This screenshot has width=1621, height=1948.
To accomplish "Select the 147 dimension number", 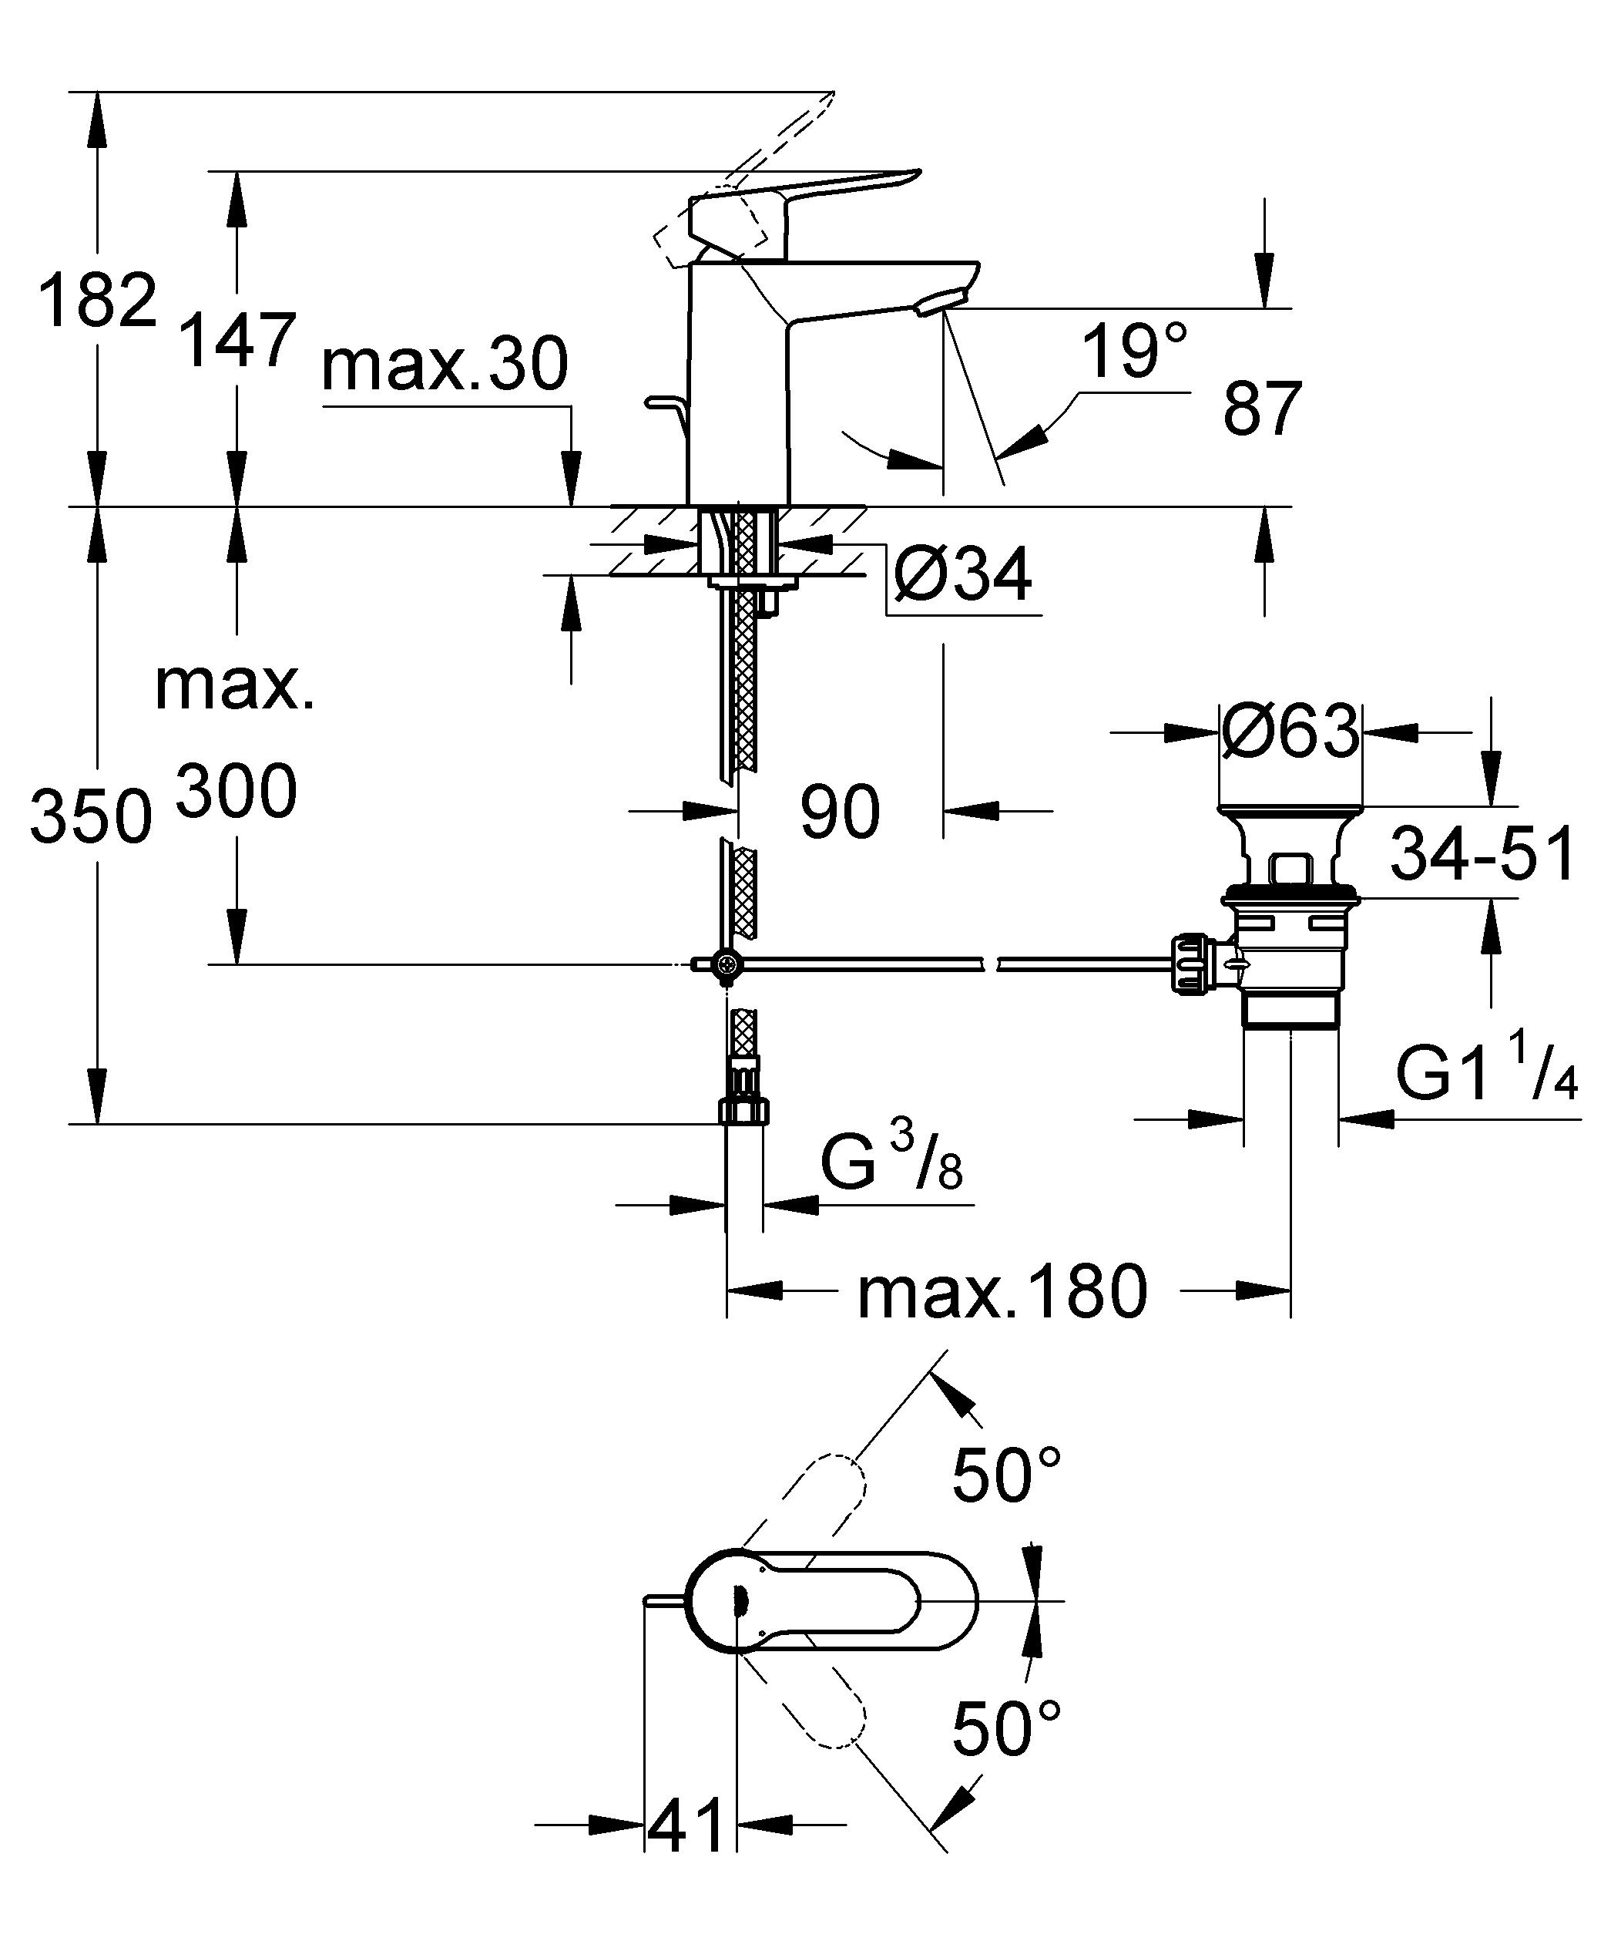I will pyautogui.click(x=237, y=341).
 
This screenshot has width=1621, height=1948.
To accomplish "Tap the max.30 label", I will pyautogui.click(x=445, y=365).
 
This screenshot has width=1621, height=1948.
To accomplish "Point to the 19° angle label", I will pyautogui.click(x=1134, y=352).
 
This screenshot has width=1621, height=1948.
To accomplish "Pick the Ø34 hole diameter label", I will pyautogui.click(x=962, y=576).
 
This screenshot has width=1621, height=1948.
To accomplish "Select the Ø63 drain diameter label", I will pyautogui.click(x=1290, y=731).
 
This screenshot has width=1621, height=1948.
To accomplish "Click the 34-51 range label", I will pyautogui.click(x=1482, y=854).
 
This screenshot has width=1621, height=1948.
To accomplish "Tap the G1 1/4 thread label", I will pyautogui.click(x=1486, y=1075).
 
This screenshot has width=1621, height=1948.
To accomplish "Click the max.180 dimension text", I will pyautogui.click(x=1002, y=1292).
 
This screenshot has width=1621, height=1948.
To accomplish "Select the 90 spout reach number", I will pyautogui.click(x=839, y=812).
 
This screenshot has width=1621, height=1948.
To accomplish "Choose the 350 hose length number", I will pyautogui.click(x=90, y=816).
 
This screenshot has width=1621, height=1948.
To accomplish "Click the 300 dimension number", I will pyautogui.click(x=237, y=791).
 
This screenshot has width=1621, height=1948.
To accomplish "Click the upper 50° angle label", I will pyautogui.click(x=1006, y=1475).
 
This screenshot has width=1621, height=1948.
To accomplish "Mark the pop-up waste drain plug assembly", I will pyautogui.click(x=1289, y=927).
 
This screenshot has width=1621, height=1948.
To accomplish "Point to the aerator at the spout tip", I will pyautogui.click(x=939, y=302).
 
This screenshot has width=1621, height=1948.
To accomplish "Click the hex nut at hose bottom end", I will pyautogui.click(x=743, y=1109).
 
